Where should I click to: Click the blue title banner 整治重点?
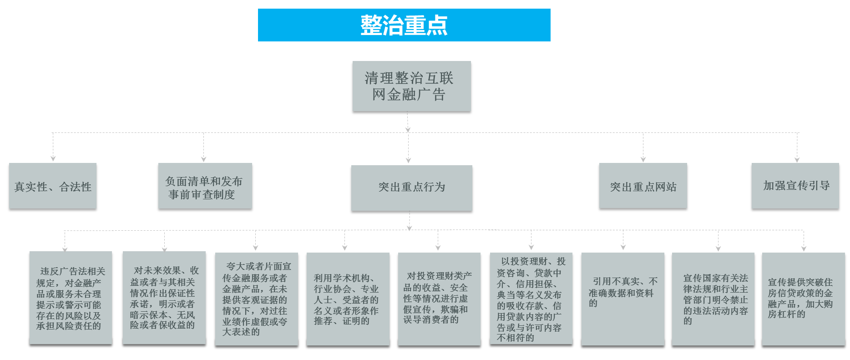(404, 25)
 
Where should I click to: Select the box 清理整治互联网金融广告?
(411, 86)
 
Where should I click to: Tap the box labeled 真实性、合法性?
(53, 186)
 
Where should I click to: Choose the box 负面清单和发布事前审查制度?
(205, 186)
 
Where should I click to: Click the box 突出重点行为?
(411, 188)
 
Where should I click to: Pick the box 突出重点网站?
(643, 186)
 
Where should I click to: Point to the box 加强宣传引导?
(795, 186)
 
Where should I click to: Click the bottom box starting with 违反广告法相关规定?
(71, 298)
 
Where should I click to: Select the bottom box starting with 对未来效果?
(164, 298)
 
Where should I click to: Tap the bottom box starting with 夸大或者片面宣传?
(256, 299)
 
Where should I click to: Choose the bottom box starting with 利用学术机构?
(348, 299)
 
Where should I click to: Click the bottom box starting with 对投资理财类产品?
(439, 299)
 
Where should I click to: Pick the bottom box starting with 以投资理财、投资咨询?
(531, 299)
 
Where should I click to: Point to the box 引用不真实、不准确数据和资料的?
(622, 299)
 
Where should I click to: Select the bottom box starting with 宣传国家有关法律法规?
(713, 299)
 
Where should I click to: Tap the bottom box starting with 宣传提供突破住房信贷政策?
(803, 299)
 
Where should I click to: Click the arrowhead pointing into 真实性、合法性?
(53, 158)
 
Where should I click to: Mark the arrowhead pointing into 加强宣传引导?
(797, 159)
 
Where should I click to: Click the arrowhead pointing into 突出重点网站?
(643, 159)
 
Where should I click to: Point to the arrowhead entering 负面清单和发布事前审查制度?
(203, 159)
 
